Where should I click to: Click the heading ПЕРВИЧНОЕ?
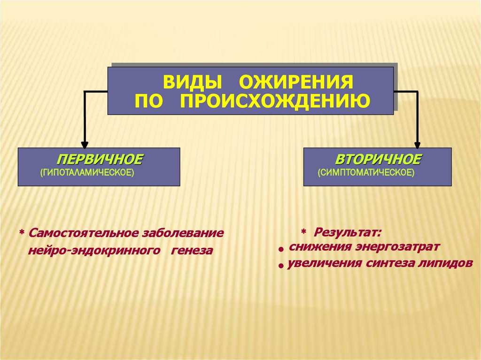(x=100, y=159)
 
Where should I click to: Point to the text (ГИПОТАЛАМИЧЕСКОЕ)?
(x=87, y=173)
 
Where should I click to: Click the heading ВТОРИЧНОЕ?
(x=378, y=159)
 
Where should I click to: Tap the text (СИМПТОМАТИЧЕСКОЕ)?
(x=366, y=173)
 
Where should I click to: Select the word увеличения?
(x=320, y=263)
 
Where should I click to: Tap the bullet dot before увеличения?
(x=281, y=266)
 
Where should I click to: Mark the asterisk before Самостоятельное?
(x=21, y=233)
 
